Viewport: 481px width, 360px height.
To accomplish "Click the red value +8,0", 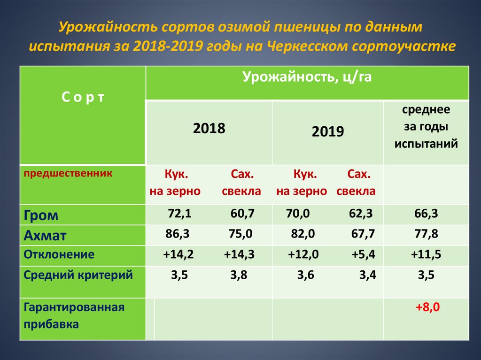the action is (427, 307).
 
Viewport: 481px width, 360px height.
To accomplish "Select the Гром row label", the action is (41, 215).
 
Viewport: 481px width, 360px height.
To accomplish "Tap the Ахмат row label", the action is (45, 236).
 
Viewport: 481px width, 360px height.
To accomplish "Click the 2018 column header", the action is (209, 128).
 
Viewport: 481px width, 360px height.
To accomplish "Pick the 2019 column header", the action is (328, 131).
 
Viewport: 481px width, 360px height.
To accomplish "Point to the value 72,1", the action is (180, 214).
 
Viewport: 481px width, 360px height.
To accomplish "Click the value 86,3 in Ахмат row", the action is (177, 234).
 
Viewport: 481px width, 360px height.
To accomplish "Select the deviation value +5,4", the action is (364, 254).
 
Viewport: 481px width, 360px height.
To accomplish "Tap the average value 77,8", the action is (427, 234).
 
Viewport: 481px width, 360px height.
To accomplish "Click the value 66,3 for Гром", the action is (427, 214).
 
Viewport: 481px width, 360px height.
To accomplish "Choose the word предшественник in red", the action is (68, 174).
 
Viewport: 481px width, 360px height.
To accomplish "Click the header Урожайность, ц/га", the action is (307, 77).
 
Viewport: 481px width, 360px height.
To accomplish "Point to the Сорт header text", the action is (83, 97).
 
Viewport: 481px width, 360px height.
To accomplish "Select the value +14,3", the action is (239, 254).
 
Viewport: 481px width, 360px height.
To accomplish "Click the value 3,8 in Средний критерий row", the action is (239, 275).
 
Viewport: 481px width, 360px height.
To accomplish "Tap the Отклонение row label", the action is (59, 254).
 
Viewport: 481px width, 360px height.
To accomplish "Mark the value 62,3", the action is (361, 214).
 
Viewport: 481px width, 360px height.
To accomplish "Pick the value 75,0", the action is (240, 234).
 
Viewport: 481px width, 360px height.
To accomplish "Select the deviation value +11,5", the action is (426, 254).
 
